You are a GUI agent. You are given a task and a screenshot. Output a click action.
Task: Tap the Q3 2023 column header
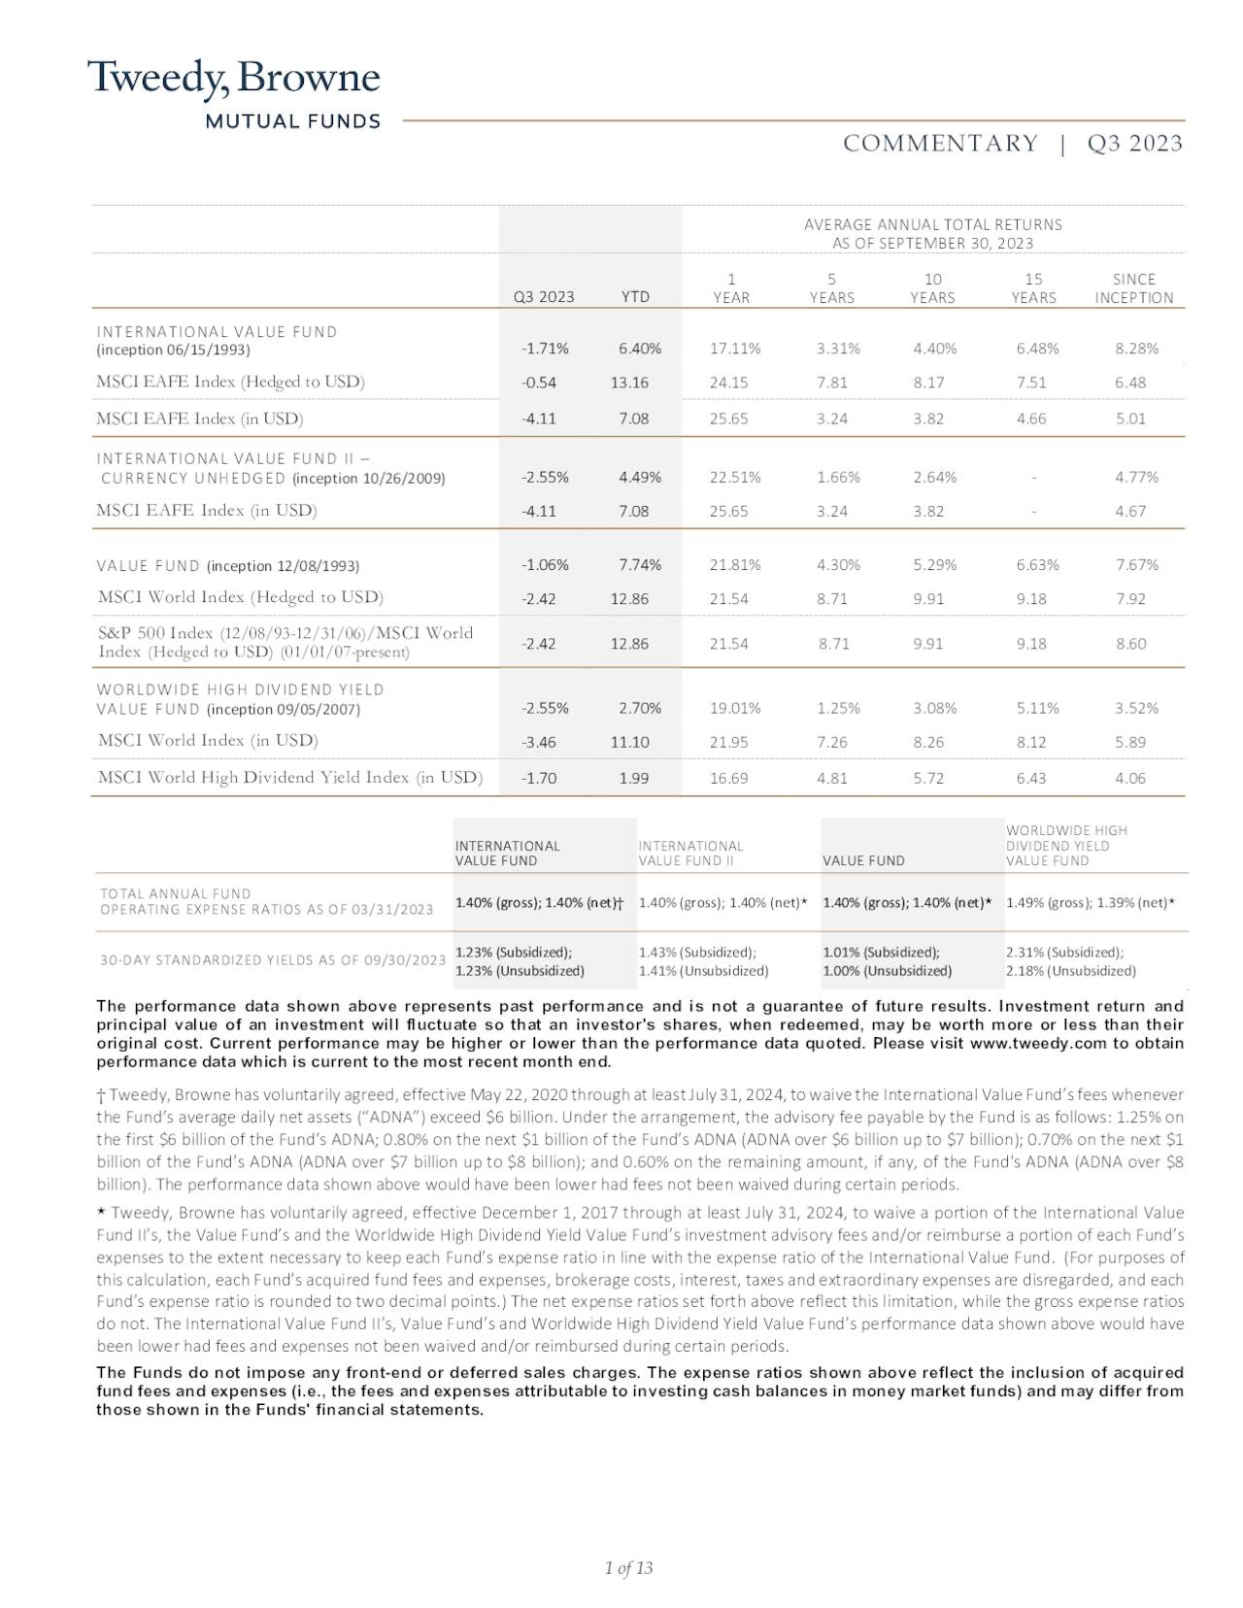tap(544, 297)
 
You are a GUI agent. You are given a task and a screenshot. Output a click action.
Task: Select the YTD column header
tap(635, 297)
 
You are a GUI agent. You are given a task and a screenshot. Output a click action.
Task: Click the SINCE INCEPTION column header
tap(1133, 288)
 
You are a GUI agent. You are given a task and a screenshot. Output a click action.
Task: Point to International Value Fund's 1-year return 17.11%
tap(735, 349)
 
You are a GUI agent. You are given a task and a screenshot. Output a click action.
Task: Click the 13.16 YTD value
tap(629, 383)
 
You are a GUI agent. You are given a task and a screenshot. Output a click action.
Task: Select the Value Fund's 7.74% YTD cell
tap(640, 565)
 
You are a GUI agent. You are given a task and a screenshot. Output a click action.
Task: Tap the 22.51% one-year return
tap(735, 477)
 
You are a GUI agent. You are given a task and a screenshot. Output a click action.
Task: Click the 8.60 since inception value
tap(1131, 644)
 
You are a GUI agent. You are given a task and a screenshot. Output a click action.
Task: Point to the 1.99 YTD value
tap(632, 778)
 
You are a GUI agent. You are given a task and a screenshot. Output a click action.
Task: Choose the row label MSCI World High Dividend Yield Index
tap(290, 777)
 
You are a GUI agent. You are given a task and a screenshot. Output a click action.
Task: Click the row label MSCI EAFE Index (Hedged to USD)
tap(230, 382)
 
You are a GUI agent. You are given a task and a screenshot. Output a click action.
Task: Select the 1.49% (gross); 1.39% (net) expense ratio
tap(1091, 903)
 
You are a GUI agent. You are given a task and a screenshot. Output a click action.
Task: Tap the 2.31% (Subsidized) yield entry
tap(1064, 953)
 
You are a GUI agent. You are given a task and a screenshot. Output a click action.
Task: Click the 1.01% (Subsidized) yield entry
tap(881, 953)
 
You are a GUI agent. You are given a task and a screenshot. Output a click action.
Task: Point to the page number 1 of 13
tap(628, 1568)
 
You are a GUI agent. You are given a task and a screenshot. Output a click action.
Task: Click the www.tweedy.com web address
tap(1038, 1044)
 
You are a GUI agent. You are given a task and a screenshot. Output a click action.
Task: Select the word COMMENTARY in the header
tap(940, 144)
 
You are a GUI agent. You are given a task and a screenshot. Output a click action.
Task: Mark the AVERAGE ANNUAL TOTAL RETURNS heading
tap(932, 224)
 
